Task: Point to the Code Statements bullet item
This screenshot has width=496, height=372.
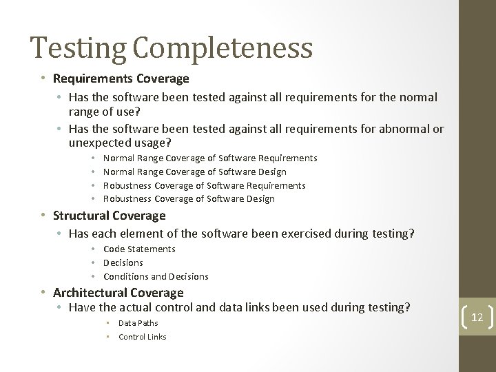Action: (139, 249)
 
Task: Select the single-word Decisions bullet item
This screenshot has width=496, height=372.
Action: (123, 262)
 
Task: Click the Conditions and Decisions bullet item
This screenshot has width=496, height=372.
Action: (156, 276)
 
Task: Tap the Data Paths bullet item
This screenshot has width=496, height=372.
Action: (138, 323)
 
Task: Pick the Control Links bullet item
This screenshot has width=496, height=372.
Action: (142, 337)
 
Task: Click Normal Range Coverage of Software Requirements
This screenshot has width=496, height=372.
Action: (210, 158)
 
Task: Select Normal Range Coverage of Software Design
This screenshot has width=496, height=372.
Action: (194, 172)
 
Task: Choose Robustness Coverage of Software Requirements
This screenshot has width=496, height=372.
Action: (204, 185)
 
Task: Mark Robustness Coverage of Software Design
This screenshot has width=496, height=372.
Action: (189, 199)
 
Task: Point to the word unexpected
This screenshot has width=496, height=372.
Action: (99, 143)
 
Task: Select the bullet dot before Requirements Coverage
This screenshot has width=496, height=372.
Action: (43, 78)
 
